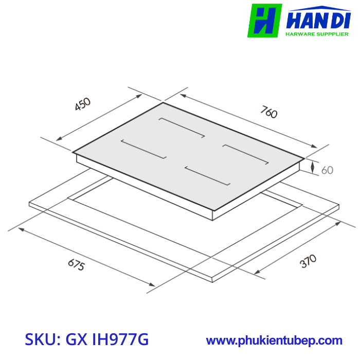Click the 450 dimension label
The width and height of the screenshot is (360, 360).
point(82,104)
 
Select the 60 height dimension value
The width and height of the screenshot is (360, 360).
point(327,170)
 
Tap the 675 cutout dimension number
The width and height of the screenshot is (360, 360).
point(76,266)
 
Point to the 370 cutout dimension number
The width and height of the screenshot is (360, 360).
point(308,262)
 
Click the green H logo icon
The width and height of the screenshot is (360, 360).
point(264,21)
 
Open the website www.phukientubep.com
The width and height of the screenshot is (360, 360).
point(274,340)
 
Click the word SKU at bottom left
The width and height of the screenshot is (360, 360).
point(41,339)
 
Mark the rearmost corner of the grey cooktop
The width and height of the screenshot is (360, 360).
point(163,103)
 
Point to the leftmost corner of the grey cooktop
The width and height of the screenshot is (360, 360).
point(73,152)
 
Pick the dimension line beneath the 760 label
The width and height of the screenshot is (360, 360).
point(247,120)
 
